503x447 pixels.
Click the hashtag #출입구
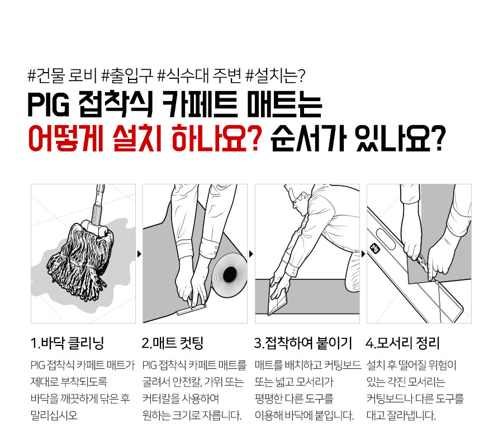point(127,76)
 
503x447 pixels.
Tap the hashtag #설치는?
point(275,76)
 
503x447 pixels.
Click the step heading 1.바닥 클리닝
point(67,343)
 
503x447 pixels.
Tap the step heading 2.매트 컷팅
point(173,343)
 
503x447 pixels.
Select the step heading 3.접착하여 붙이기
point(303,343)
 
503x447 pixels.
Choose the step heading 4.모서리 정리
point(402,343)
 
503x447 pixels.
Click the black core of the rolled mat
point(230,274)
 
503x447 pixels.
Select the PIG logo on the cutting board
point(375,248)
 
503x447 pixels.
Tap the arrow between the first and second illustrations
point(139,254)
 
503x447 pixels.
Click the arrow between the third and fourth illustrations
point(363,254)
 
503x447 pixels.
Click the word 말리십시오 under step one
point(54,416)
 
